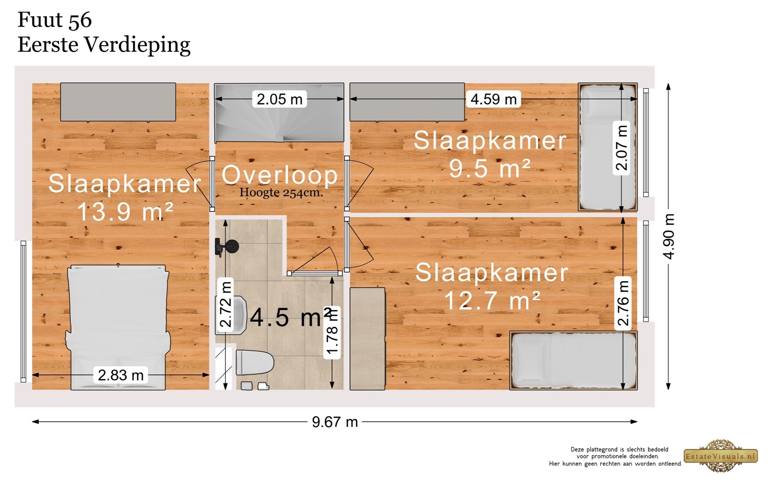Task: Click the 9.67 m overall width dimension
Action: [335, 422]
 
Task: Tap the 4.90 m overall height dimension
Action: [669, 237]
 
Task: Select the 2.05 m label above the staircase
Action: [279, 99]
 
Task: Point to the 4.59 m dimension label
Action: [493, 99]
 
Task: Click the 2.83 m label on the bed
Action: [121, 375]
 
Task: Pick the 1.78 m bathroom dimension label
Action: [332, 332]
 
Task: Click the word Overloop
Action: [280, 175]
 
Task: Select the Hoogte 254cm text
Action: [281, 193]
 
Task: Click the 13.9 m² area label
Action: [125, 212]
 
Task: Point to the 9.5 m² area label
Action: [490, 168]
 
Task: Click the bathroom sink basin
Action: [231, 315]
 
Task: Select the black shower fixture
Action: [226, 247]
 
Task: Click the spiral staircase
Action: [279, 113]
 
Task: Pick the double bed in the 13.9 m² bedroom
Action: [118, 327]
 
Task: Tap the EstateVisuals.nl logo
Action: [721, 456]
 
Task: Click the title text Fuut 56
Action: [55, 20]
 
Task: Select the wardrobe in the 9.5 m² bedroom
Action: [407, 102]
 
